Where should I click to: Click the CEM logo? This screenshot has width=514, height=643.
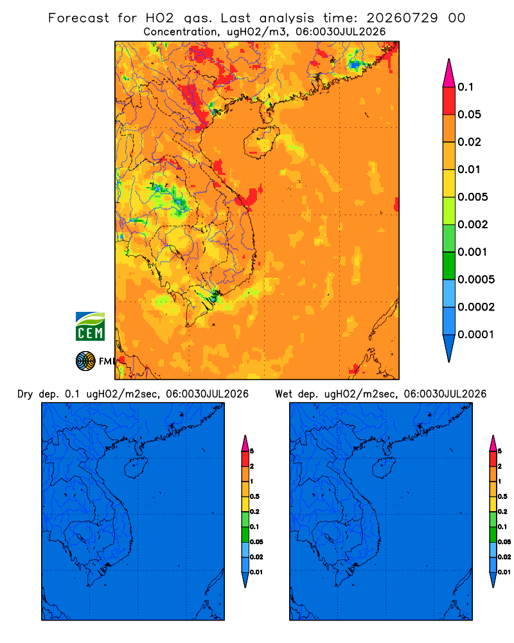[90, 327]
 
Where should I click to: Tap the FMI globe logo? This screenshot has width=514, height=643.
[85, 361]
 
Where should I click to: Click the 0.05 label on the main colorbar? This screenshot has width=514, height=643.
[469, 114]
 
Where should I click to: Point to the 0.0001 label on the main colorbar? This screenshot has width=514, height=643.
[476, 334]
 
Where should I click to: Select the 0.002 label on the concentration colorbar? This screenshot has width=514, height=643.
[473, 224]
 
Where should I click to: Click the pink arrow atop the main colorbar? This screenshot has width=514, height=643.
[449, 73]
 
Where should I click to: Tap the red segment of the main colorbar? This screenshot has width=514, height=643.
[449, 101]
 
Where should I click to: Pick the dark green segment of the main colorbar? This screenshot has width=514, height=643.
[449, 266]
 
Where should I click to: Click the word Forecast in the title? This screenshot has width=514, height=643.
[78, 18]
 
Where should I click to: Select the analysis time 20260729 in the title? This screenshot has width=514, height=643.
[402, 18]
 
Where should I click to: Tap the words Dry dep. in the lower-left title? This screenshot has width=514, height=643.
[37, 394]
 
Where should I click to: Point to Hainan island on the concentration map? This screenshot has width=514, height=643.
[261, 142]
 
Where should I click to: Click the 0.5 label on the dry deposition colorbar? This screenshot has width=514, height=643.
[254, 496]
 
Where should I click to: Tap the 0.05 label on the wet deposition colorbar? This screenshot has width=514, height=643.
[504, 541]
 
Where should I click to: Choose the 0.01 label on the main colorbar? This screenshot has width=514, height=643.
[469, 169]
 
